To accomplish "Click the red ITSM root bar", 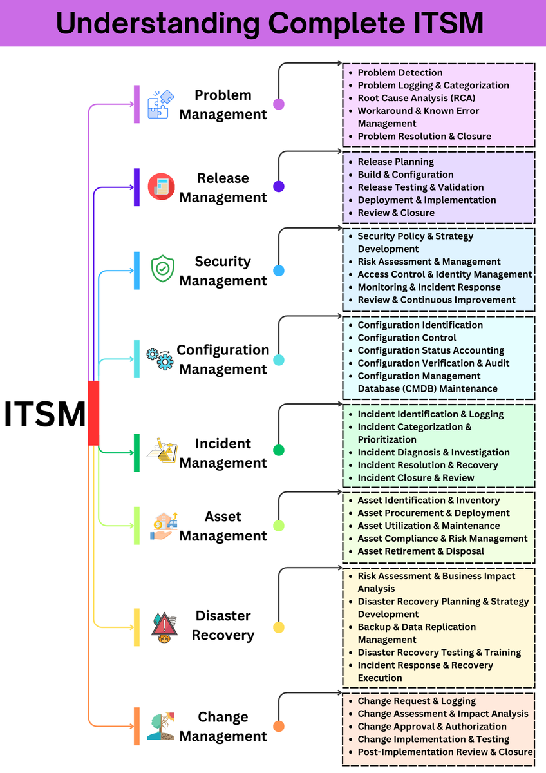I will click(93, 413).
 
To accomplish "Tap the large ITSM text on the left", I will click(44, 414).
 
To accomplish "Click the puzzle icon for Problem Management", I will click(160, 104).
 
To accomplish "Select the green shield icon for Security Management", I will click(162, 269).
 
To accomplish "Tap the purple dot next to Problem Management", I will click(279, 104).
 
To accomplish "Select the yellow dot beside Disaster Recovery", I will click(279, 627).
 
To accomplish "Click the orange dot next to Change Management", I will click(279, 727).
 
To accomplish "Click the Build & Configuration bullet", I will click(405, 175).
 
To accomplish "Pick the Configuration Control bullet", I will click(406, 338).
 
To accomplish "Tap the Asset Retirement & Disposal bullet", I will click(420, 551).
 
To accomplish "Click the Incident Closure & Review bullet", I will click(415, 478).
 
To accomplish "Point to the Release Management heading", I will click(223, 187).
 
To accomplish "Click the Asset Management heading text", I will click(223, 526).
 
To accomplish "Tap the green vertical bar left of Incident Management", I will click(136, 452).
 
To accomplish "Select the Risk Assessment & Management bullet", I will click(429, 262).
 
